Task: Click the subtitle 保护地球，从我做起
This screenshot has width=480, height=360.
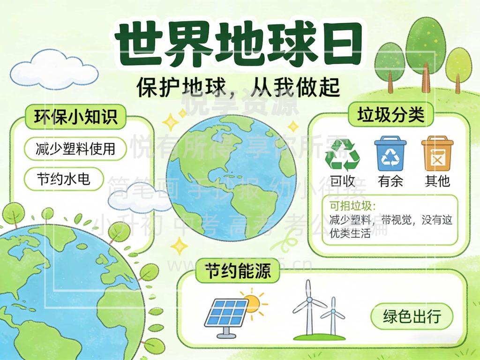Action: [x=238, y=87]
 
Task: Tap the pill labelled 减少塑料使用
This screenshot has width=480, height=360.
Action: [x=75, y=149]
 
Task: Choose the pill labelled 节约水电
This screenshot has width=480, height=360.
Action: [x=63, y=179]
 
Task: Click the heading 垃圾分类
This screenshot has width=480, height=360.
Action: [x=390, y=114]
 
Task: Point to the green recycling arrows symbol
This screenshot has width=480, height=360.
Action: [x=342, y=155]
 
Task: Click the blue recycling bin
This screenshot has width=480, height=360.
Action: [x=390, y=153]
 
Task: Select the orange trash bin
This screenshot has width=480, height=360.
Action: [x=437, y=153]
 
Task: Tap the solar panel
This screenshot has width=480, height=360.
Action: [x=226, y=313]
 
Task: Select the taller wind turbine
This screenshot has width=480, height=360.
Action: [x=308, y=307]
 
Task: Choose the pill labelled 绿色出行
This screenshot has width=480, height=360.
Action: [x=412, y=316]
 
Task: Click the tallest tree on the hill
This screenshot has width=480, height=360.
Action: [x=425, y=49]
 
